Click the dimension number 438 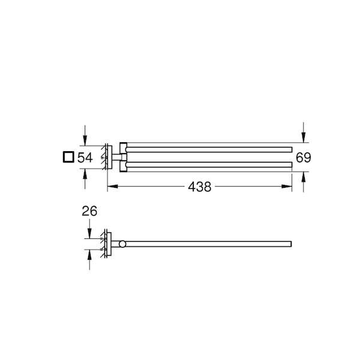(x=200, y=187)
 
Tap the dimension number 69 (x=303, y=157)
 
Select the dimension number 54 (x=85, y=158)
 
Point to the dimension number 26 (x=89, y=211)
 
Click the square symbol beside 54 (x=68, y=157)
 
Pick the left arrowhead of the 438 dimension (x=113, y=187)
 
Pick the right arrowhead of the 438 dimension (x=287, y=187)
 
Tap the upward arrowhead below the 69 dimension (x=304, y=177)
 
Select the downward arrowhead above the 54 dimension (x=85, y=140)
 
